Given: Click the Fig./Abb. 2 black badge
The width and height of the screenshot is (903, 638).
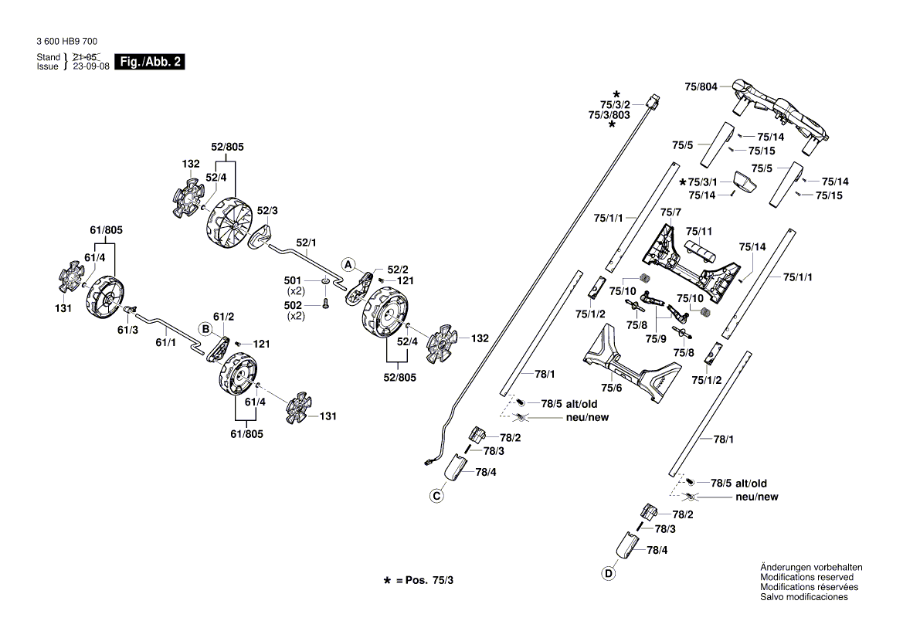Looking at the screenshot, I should (149, 62).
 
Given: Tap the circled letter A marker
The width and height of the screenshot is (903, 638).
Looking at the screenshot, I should (348, 264).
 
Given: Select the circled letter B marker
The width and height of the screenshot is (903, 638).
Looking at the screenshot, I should (206, 329).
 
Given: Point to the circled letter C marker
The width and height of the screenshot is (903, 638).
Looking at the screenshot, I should (436, 495).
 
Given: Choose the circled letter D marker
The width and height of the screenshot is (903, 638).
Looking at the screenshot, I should (609, 573).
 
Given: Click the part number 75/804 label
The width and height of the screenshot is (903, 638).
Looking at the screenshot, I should (701, 87).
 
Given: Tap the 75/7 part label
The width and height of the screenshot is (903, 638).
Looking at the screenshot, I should (670, 212).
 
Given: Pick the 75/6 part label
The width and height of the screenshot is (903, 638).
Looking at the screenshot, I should (611, 388).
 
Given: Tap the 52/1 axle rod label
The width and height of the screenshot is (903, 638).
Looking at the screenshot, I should (307, 243).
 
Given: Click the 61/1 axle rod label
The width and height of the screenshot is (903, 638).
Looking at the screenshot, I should (166, 341).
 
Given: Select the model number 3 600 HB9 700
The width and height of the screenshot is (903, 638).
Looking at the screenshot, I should (67, 42).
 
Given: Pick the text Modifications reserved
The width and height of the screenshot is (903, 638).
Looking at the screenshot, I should (807, 577).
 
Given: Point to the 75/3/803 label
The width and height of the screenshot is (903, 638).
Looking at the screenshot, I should (609, 114).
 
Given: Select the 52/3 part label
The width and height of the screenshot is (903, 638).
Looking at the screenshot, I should (267, 210).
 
